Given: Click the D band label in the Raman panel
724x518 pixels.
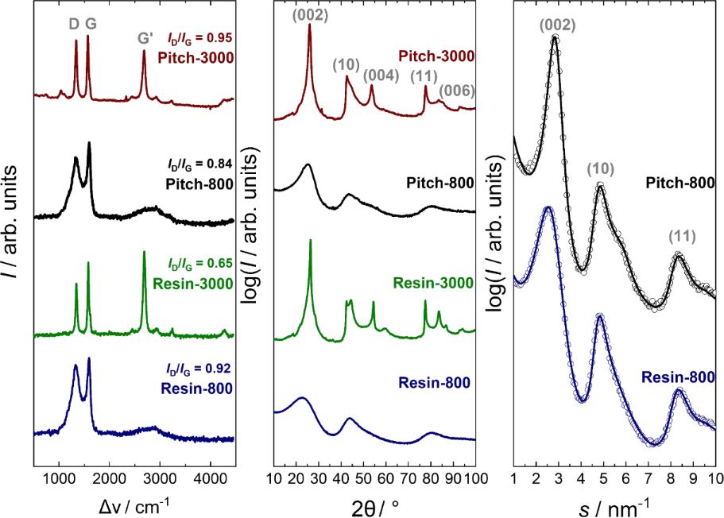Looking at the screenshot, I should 74,25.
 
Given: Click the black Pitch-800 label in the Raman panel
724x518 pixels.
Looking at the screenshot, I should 199,183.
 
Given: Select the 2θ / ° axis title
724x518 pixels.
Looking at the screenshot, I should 374,504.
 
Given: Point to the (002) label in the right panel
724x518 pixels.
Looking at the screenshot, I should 556,25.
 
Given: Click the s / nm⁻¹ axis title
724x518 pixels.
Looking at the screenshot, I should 614,504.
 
